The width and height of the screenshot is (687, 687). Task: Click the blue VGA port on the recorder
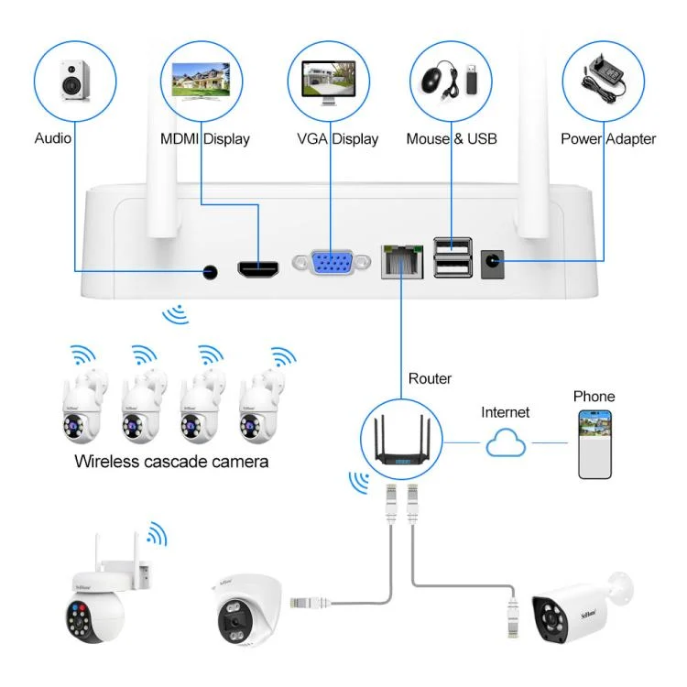330,264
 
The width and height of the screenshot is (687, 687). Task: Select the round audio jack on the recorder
211,271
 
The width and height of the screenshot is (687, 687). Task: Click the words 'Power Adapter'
608,139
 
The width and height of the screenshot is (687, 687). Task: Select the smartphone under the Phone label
594,443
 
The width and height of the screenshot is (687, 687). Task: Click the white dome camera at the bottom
239,608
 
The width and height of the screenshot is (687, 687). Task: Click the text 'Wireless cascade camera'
171,461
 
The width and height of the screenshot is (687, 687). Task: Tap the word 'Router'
430,378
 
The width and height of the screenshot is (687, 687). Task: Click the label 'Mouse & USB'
452,139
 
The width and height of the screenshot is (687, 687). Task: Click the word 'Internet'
506,412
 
